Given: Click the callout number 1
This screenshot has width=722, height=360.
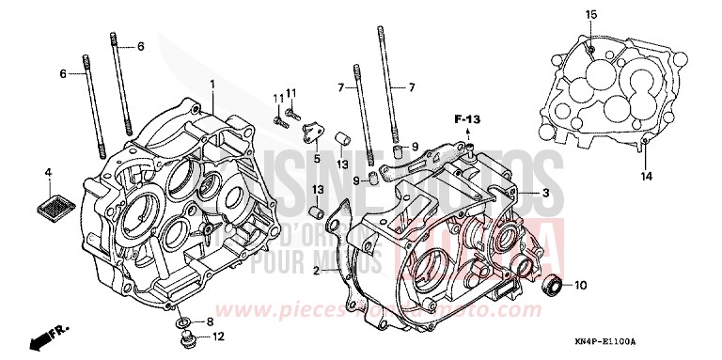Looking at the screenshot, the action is [x=212, y=84].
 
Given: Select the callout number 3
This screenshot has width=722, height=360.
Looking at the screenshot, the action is [x=544, y=193].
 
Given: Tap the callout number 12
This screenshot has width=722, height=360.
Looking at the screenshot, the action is [x=218, y=336].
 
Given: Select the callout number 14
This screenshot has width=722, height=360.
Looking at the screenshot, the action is [x=646, y=176].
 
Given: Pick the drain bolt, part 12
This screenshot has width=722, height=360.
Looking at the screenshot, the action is [x=185, y=336].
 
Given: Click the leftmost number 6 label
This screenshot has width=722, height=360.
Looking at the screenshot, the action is [x=64, y=73].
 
